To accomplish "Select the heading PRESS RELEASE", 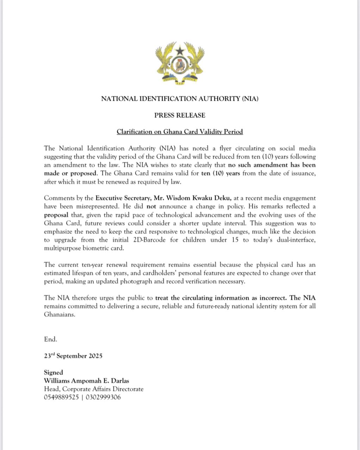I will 180,115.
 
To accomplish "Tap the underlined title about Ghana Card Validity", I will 180,132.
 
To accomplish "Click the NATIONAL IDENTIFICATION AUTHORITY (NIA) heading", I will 180,99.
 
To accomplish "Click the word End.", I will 50,339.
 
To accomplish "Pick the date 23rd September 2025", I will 73,356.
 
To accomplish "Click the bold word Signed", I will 53,372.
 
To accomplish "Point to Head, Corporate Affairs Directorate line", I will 94,389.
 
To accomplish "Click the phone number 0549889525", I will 61,398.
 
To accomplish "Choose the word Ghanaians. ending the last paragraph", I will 60,315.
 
